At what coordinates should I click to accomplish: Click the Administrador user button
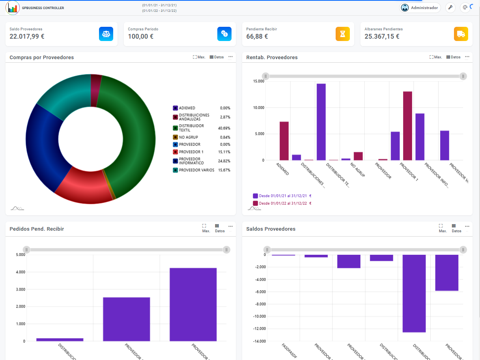coord(420,8)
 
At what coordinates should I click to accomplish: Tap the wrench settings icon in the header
coord(450,8)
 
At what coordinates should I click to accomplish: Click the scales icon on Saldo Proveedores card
coord(106,34)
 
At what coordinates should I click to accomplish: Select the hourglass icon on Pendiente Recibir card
coord(342,34)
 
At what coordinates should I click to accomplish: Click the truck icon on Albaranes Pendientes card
coord(461,34)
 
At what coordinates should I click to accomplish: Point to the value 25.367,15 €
coord(382,37)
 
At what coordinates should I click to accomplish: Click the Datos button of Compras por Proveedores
coord(217,57)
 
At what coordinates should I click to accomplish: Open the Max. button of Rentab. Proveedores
coord(435,57)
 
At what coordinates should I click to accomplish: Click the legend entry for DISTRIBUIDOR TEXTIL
coord(191,128)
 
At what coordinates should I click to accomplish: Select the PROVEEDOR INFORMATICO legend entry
coord(191,161)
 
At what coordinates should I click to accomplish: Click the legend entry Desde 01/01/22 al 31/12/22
coord(282,203)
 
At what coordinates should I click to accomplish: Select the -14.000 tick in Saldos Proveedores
coord(259,341)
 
